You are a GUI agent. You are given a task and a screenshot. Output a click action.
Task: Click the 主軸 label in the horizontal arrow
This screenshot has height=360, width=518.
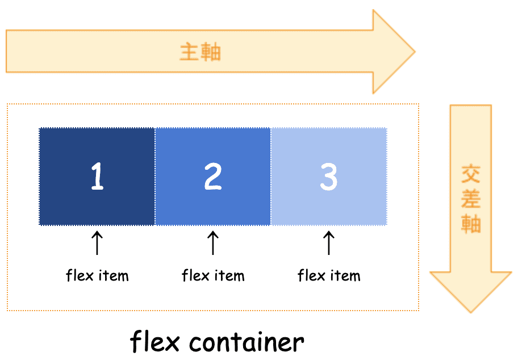200,52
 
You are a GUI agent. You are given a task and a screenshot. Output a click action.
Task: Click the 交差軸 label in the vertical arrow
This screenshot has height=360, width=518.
471,199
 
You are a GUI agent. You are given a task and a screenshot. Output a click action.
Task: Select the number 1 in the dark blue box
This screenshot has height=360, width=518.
97,177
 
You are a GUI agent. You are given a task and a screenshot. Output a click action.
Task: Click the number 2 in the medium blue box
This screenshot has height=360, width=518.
213,177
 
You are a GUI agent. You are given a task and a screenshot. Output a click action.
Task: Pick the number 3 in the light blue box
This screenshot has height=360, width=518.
329,177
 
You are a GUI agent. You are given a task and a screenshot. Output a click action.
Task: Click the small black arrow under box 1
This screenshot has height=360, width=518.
97,242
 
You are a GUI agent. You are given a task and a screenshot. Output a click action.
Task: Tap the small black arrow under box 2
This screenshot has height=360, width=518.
213,242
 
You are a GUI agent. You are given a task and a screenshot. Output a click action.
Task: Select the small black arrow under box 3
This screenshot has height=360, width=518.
329,242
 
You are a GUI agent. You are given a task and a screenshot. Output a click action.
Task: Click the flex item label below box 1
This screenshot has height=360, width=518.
97,276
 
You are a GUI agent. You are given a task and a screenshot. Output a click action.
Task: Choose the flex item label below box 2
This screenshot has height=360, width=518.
213,276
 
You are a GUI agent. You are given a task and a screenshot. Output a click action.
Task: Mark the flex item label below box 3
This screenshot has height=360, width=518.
329,276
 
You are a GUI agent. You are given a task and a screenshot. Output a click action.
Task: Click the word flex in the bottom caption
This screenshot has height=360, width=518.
155,342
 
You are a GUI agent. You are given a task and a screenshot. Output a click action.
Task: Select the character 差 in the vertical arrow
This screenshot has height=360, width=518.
471,199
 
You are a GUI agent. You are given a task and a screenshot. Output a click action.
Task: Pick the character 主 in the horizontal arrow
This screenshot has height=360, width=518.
190,52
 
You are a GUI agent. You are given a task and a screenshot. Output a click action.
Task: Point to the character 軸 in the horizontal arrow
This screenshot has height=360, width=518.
211,52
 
